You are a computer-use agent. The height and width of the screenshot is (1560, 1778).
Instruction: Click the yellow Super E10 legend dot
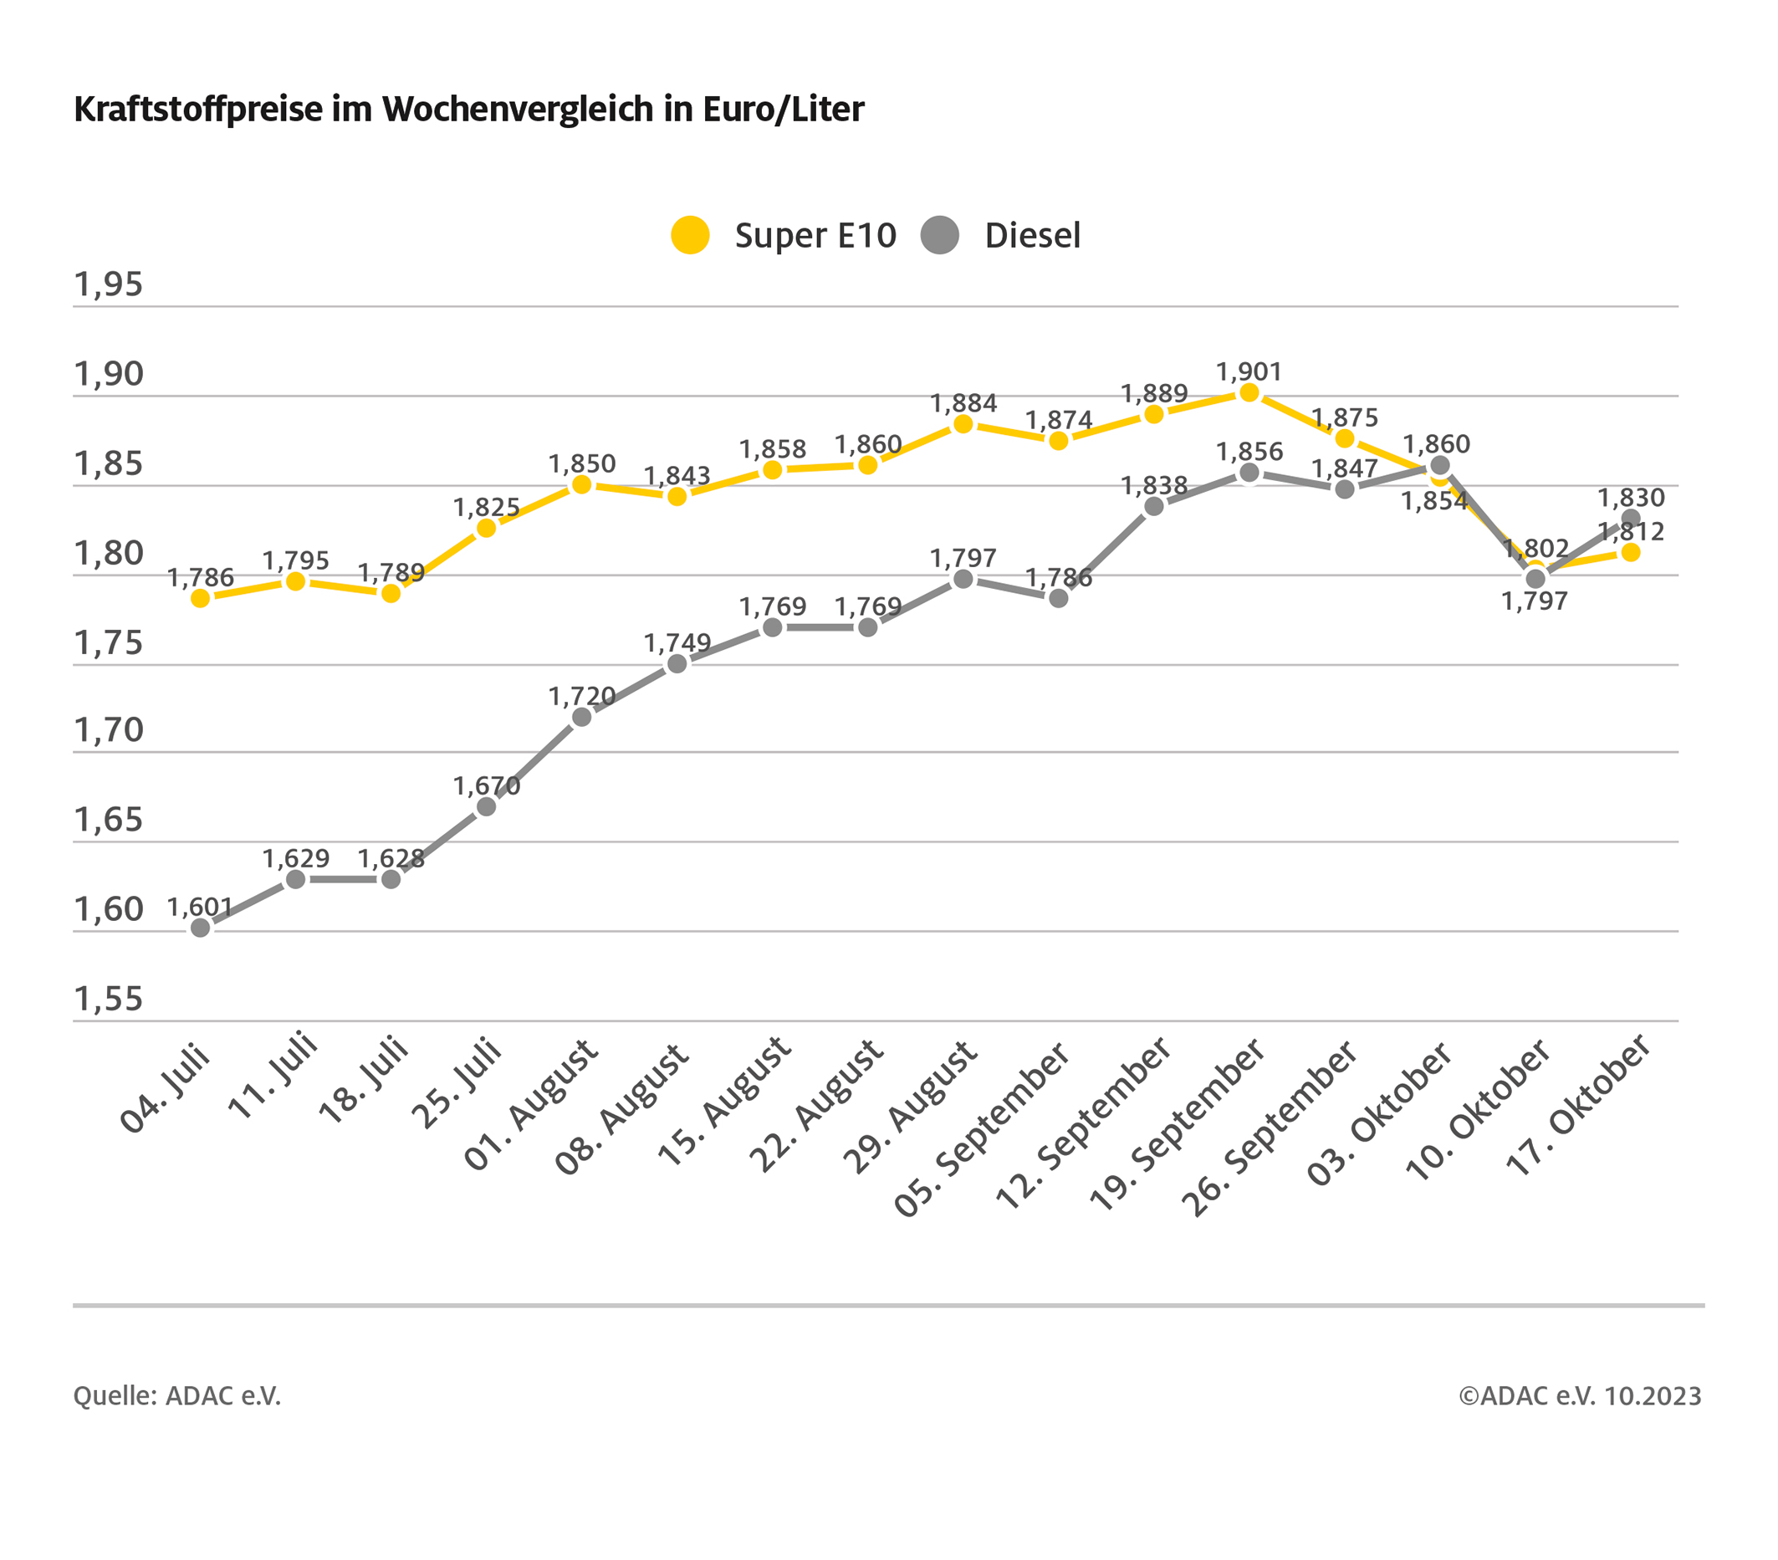[690, 235]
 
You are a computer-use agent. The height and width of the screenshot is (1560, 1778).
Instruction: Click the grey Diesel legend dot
[939, 235]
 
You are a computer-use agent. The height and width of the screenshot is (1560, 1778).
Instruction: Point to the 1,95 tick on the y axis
[108, 284]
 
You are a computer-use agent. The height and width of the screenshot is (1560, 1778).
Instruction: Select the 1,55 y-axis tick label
[108, 999]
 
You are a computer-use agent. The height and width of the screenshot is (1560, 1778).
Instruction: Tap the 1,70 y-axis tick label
[108, 730]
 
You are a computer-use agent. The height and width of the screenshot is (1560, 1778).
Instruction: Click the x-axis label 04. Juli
[166, 1090]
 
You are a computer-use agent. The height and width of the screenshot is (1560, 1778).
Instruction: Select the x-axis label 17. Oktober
[1578, 1105]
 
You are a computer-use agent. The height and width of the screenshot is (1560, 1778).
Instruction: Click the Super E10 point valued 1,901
[1249, 392]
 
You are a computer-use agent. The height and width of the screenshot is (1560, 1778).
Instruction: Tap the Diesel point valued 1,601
[200, 928]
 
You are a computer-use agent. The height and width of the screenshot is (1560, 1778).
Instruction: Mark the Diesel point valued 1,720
[582, 717]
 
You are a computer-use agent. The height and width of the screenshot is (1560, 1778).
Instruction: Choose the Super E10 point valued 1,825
[486, 528]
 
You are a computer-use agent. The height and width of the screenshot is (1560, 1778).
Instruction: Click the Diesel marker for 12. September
[1153, 506]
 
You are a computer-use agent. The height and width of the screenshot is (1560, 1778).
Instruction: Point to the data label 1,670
[486, 785]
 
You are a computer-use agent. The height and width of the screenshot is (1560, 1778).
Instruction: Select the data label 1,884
[963, 403]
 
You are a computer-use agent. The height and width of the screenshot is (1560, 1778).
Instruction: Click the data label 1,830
[1631, 498]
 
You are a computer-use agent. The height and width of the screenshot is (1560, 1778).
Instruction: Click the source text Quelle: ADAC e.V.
[176, 1395]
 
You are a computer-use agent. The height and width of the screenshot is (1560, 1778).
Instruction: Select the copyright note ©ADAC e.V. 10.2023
[1580, 1395]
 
